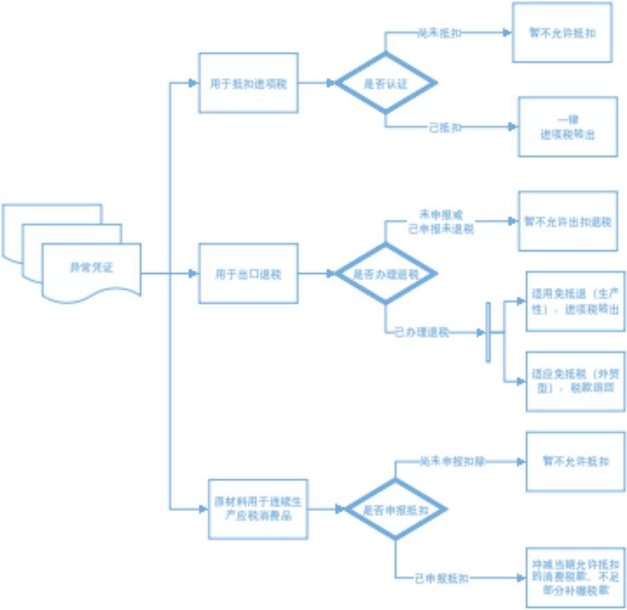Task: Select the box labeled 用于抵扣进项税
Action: tap(248, 83)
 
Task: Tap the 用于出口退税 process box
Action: tap(248, 274)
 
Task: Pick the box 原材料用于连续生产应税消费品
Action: tap(258, 508)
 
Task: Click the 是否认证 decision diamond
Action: tap(386, 83)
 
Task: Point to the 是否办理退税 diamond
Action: tap(386, 274)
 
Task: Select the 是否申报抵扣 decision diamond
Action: tap(395, 510)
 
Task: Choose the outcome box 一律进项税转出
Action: tap(567, 127)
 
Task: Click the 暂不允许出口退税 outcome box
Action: tap(567, 221)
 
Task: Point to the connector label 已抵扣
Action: tap(444, 127)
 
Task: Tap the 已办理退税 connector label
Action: tap(421, 332)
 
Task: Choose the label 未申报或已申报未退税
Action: tap(441, 222)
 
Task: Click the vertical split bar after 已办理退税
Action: tap(488, 332)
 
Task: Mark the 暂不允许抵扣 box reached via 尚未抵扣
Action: tap(562, 33)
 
